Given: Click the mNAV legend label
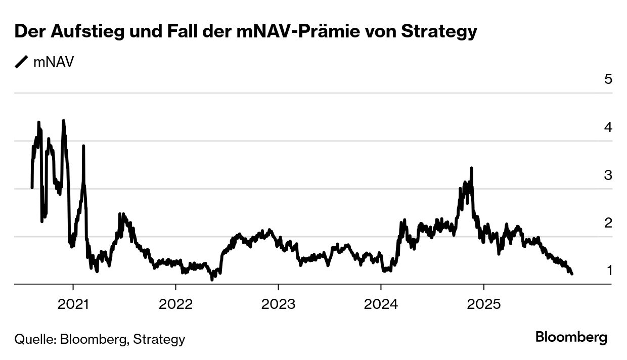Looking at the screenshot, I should click(x=54, y=62).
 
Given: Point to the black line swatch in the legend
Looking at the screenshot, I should click(x=22, y=62).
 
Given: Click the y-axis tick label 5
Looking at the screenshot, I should click(x=608, y=79).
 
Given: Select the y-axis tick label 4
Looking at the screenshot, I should click(x=608, y=127).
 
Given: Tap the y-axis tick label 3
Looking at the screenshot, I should click(x=608, y=175).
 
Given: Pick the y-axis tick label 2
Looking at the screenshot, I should click(x=608, y=222).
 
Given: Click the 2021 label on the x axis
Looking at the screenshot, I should click(x=73, y=305).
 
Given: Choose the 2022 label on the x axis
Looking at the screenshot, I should click(x=175, y=305).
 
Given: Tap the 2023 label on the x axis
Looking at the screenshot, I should click(x=278, y=305).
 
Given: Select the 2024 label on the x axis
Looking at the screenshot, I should click(x=381, y=305).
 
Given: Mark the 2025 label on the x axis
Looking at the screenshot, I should click(x=483, y=305).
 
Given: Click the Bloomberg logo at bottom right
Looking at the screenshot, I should click(x=571, y=337).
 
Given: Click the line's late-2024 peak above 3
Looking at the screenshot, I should click(x=471, y=168).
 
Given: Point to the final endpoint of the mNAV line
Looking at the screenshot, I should click(x=572, y=274).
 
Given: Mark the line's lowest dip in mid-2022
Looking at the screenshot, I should click(x=212, y=279).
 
